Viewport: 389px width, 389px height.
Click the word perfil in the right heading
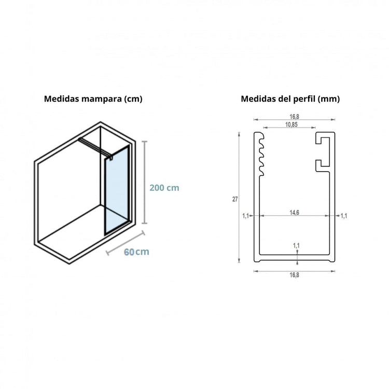tap(302, 99)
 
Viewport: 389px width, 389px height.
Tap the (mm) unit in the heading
tap(328, 99)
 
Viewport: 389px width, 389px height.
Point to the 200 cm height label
tap(164, 188)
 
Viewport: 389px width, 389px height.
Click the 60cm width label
tap(136, 252)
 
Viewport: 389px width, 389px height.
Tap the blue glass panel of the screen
tap(116, 189)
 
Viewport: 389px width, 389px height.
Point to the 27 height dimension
tap(235, 199)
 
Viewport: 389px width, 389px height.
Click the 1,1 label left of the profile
tap(245, 216)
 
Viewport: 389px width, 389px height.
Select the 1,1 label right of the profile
tap(343, 216)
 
